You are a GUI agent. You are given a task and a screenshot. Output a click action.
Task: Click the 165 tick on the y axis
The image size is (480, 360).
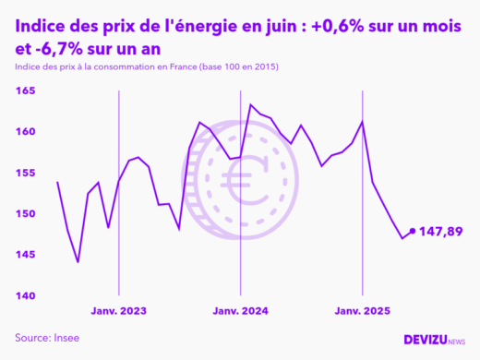click(x=24, y=91)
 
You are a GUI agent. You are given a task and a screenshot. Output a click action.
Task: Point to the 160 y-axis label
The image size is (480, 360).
click(x=24, y=132)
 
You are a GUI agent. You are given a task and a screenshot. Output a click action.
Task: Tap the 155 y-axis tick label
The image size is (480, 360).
click(x=24, y=173)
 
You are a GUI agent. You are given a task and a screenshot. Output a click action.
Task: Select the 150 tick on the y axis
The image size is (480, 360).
click(x=24, y=214)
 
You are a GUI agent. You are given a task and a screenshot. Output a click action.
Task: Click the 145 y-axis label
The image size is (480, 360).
click(x=24, y=255)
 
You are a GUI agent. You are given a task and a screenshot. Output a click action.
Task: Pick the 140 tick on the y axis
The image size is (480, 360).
click(x=24, y=295)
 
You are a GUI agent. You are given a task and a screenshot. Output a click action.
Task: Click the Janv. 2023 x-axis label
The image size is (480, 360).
click(x=118, y=311)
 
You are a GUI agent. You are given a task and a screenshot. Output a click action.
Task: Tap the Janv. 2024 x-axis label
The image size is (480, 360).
click(x=240, y=311)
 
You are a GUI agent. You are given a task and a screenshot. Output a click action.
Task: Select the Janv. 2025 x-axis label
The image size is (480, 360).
click(x=362, y=311)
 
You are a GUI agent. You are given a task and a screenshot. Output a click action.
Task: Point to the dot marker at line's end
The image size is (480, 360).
click(x=413, y=232)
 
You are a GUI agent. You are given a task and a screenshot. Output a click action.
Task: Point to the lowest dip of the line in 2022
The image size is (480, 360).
click(x=78, y=262)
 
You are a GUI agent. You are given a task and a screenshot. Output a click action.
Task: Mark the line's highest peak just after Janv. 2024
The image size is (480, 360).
click(x=251, y=104)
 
